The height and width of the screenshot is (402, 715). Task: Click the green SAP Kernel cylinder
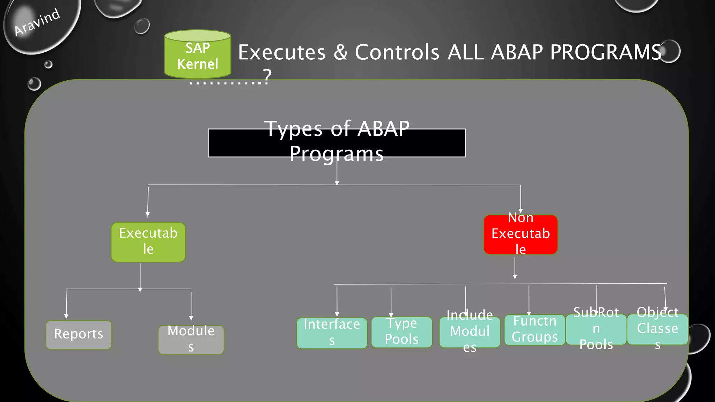pos(198,55)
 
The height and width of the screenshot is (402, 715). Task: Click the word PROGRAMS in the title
pos(606,52)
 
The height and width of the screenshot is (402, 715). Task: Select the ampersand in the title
pos(340,52)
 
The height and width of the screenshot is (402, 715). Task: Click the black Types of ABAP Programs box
pos(337,143)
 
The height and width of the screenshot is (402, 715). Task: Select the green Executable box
pos(148,242)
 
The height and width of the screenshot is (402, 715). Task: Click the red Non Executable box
pos(520,234)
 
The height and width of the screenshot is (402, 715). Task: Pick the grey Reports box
pos(79,334)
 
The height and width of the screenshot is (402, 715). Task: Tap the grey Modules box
pos(191,339)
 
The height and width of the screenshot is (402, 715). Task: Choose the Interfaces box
pos(332,333)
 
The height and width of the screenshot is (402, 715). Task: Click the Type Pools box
pos(401,332)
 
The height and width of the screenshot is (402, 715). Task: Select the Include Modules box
pos(470,332)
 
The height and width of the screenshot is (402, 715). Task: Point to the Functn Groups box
pos(535,330)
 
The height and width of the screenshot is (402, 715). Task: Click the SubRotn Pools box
pos(596,329)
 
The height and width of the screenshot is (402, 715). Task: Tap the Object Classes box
pos(657,329)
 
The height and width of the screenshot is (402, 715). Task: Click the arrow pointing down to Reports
pos(66,304)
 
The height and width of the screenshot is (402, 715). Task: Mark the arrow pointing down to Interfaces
pos(337,301)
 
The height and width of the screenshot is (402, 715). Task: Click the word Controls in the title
pos(397,52)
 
